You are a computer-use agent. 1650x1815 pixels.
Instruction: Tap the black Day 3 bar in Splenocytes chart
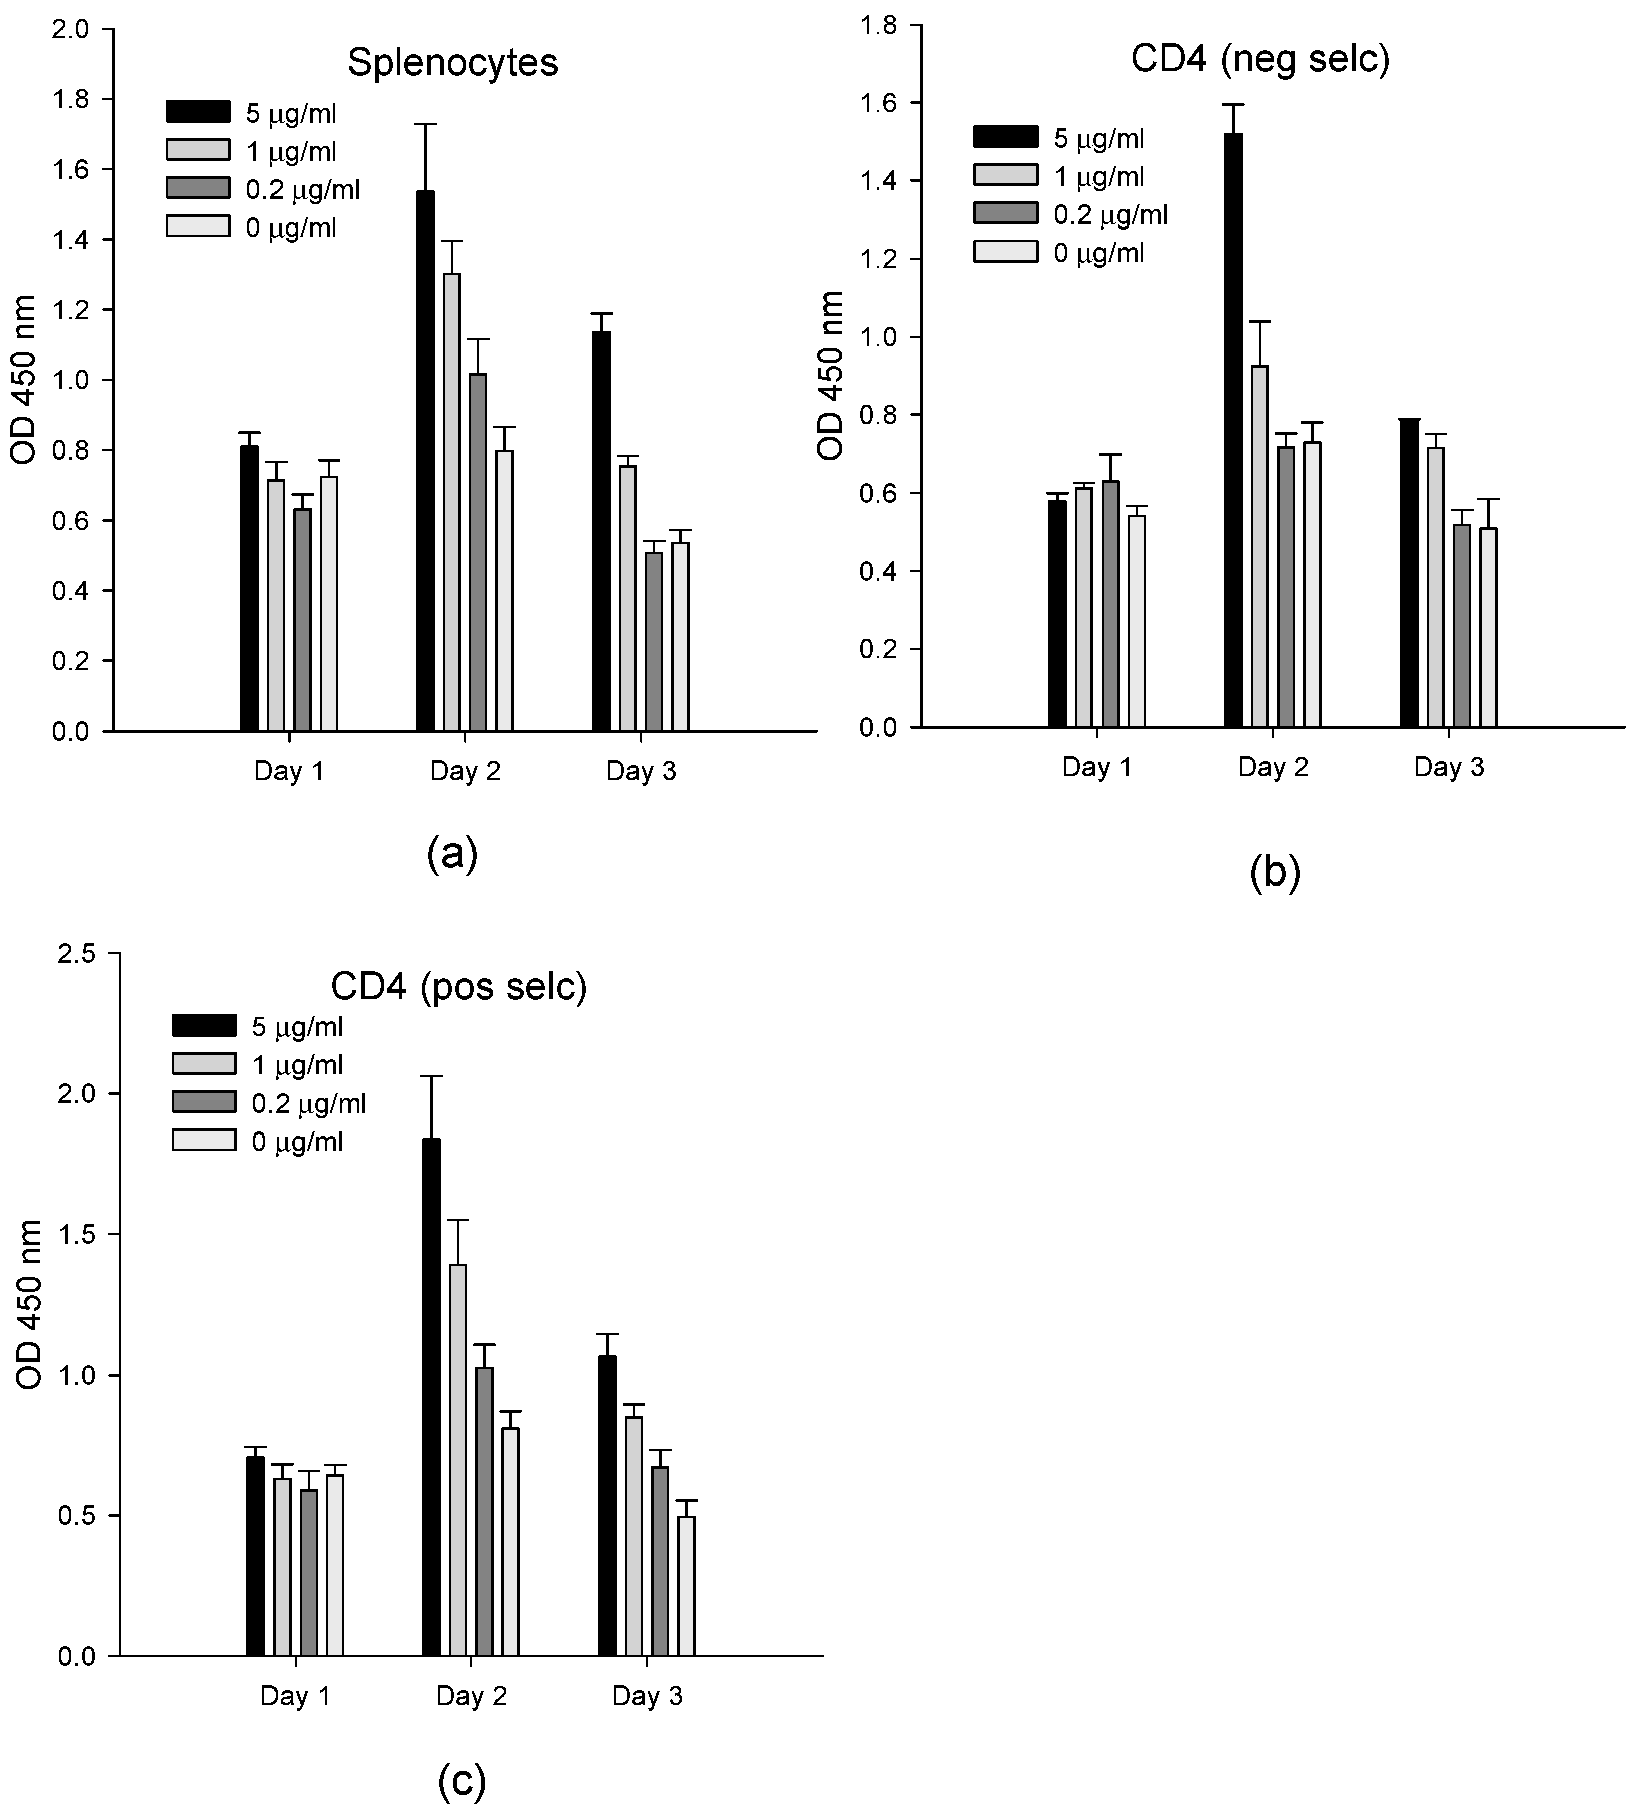[x=601, y=531]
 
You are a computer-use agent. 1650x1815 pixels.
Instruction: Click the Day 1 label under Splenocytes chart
[x=288, y=772]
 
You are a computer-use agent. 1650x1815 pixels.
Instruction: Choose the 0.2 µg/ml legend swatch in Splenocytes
[x=198, y=188]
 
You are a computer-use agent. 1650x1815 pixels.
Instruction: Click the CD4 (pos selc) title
[x=458, y=987]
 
